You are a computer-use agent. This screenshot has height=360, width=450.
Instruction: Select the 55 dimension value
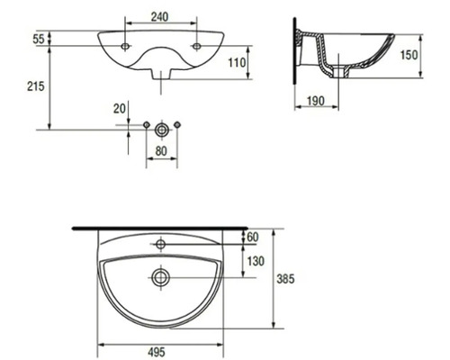click(39, 39)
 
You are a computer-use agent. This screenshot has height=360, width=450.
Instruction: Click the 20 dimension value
click(120, 108)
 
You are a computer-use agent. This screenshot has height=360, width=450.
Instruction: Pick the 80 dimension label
click(161, 151)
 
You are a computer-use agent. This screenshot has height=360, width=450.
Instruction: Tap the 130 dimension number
click(256, 261)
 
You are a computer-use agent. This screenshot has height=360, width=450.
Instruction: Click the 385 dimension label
click(285, 279)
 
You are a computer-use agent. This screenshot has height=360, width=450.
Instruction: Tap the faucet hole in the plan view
click(161, 243)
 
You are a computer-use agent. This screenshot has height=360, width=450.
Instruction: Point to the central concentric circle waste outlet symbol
click(161, 128)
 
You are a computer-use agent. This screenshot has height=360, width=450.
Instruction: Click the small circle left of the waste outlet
click(146, 124)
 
